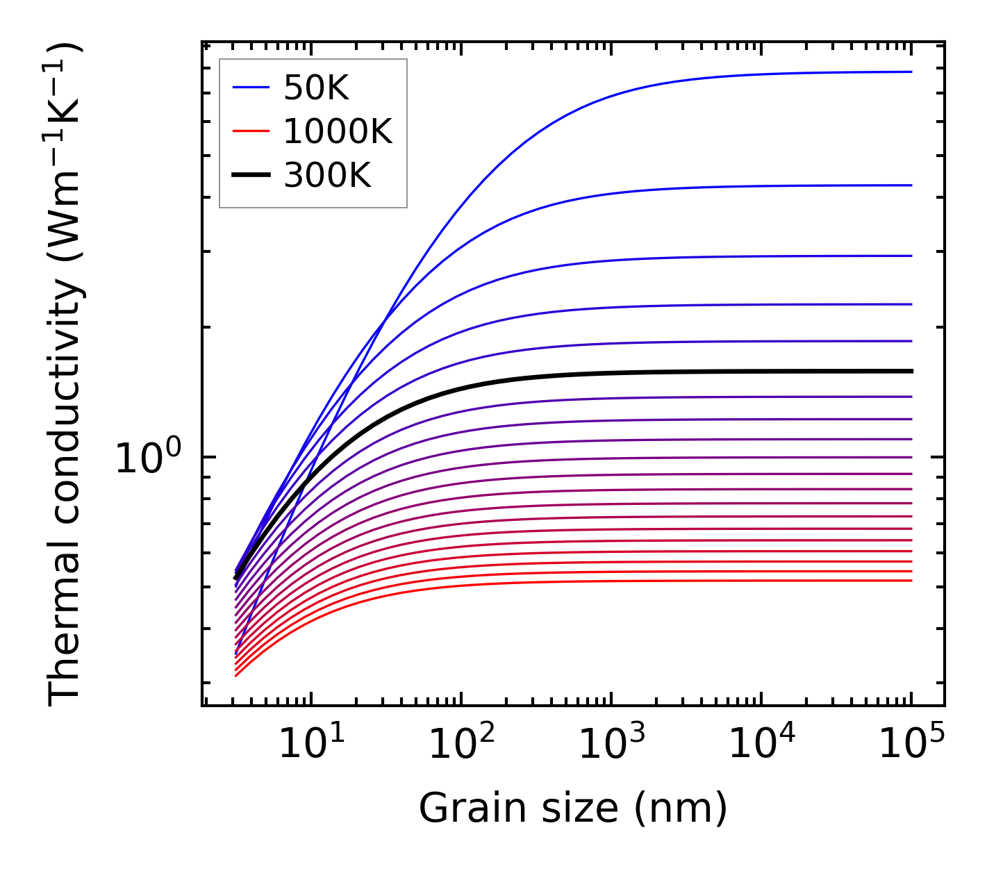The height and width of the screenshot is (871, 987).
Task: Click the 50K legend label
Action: [x=316, y=88]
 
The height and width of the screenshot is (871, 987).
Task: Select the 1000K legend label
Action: [x=338, y=131]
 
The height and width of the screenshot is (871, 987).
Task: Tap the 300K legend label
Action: [x=327, y=176]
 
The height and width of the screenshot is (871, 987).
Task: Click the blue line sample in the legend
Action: [x=250, y=88]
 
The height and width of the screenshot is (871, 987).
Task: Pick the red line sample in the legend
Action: [x=250, y=131]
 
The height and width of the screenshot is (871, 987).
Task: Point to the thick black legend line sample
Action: [x=250, y=176]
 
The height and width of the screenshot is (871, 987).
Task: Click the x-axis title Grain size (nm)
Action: [x=573, y=808]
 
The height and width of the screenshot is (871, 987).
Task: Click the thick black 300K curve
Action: [x=625, y=373]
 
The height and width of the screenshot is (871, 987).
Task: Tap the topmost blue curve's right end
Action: [x=910, y=72]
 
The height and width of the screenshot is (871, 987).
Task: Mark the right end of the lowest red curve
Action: [x=910, y=581]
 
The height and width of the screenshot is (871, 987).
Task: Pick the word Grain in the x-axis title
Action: [x=461, y=808]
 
